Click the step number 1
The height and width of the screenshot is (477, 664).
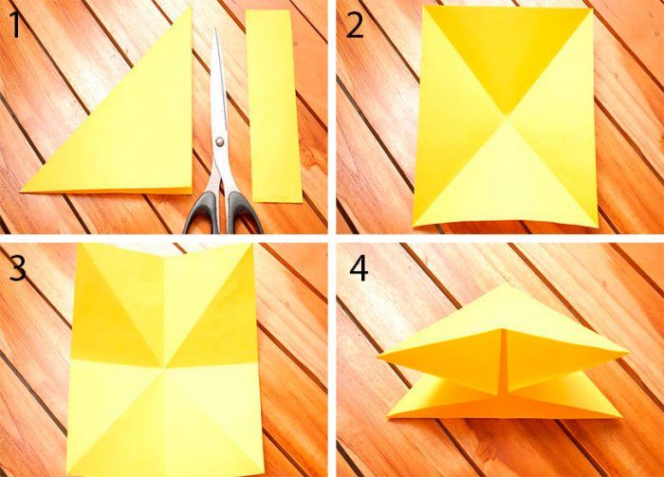(16, 25)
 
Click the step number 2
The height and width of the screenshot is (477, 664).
(355, 25)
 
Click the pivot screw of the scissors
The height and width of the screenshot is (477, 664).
(219, 142)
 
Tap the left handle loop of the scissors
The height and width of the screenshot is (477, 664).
(201, 213)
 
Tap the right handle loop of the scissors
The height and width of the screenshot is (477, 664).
(244, 213)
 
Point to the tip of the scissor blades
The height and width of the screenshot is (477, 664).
(215, 28)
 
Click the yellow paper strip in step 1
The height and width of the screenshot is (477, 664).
(274, 106)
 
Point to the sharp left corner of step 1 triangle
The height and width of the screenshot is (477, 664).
(21, 191)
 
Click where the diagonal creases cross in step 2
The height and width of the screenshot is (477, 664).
(507, 117)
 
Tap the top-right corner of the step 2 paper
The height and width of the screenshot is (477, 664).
(592, 9)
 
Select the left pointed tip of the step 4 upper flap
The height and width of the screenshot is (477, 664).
(378, 357)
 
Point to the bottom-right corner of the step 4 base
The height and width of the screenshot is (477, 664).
(621, 417)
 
